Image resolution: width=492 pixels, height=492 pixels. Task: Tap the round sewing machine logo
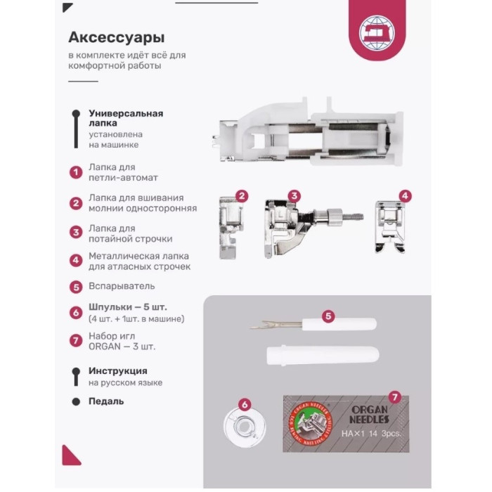click(373, 32)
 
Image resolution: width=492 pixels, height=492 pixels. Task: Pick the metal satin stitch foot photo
click(389, 227)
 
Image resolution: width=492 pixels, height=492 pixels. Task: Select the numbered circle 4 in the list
click(75, 261)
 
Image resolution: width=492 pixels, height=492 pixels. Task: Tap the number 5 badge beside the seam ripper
click(328, 316)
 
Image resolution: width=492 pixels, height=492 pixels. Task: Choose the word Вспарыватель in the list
click(122, 287)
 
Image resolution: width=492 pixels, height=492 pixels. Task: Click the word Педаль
click(106, 401)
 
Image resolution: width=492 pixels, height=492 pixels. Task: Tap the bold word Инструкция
click(118, 371)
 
